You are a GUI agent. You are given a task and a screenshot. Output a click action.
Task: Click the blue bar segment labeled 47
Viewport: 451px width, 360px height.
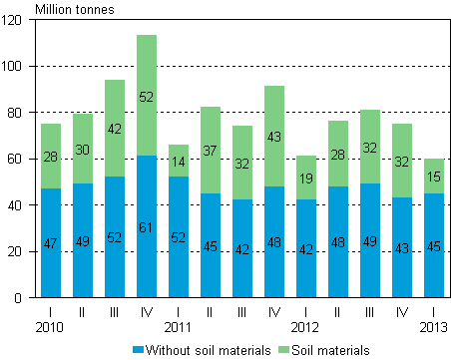click(51, 242)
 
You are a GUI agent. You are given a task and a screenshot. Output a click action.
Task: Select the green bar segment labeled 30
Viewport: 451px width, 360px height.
click(83, 149)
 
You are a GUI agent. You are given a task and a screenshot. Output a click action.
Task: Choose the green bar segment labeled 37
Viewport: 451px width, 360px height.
click(211, 150)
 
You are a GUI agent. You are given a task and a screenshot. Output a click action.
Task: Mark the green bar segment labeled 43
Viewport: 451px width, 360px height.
click(274, 136)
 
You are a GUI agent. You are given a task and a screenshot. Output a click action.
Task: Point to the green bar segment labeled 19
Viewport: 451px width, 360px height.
click(306, 178)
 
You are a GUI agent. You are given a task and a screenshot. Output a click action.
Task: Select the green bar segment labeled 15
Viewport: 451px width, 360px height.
click(434, 176)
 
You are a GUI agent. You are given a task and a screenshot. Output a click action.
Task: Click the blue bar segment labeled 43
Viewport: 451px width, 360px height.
click(402, 246)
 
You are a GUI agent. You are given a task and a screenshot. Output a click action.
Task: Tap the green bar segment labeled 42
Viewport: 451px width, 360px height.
click(115, 128)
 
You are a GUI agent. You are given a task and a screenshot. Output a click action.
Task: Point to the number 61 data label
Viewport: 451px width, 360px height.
click(147, 228)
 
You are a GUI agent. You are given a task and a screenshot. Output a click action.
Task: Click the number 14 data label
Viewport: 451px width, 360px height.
click(179, 162)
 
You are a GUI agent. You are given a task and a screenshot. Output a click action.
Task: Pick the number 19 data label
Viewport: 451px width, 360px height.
click(306, 179)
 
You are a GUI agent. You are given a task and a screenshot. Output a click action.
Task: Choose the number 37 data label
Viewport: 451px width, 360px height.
click(211, 151)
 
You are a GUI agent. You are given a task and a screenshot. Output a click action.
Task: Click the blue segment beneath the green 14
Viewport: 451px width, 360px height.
click(179, 236)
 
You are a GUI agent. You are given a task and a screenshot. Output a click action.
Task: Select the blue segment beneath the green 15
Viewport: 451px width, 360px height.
click(434, 244)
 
